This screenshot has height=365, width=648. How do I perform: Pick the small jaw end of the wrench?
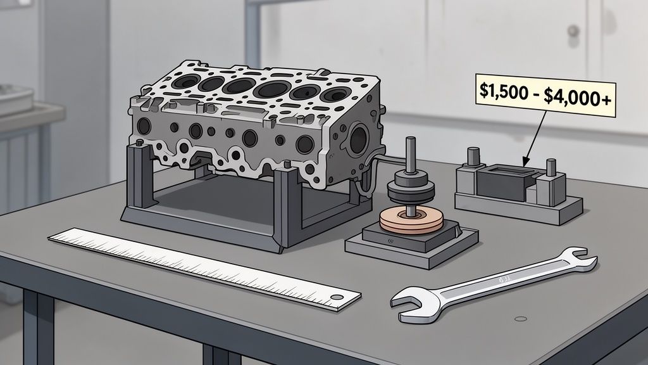580,261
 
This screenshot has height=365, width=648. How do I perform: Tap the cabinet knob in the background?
573,30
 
